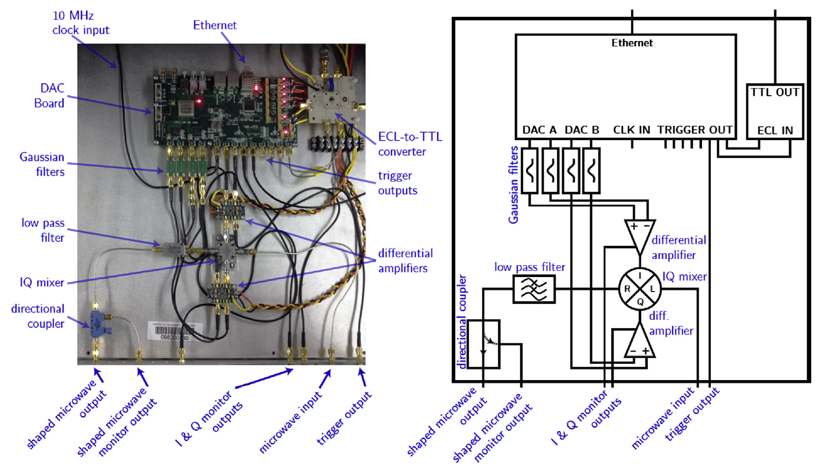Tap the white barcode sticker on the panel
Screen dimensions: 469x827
pos(175,332)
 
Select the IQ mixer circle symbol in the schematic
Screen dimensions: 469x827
pos(640,289)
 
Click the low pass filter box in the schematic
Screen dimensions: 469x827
pos(533,289)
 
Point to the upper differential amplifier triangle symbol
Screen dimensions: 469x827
pos(640,234)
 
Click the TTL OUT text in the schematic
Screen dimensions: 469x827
pos(775,92)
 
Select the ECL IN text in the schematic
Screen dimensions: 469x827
pos(775,131)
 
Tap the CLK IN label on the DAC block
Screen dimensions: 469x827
pos(632,130)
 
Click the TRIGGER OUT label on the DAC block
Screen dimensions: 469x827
pos(695,130)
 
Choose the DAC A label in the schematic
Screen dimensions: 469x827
pos(539,130)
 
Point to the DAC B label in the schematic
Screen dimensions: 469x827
pos(582,130)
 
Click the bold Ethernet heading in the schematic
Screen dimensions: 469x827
pos(632,43)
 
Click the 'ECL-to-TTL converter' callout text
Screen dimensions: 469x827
pos(410,144)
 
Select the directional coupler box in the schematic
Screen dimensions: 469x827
pos(483,344)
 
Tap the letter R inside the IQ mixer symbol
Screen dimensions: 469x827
pos(626,289)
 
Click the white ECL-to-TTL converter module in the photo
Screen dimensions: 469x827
pos(332,104)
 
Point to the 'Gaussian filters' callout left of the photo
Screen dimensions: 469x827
pos(42,164)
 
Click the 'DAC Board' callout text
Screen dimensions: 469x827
pos(50,96)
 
